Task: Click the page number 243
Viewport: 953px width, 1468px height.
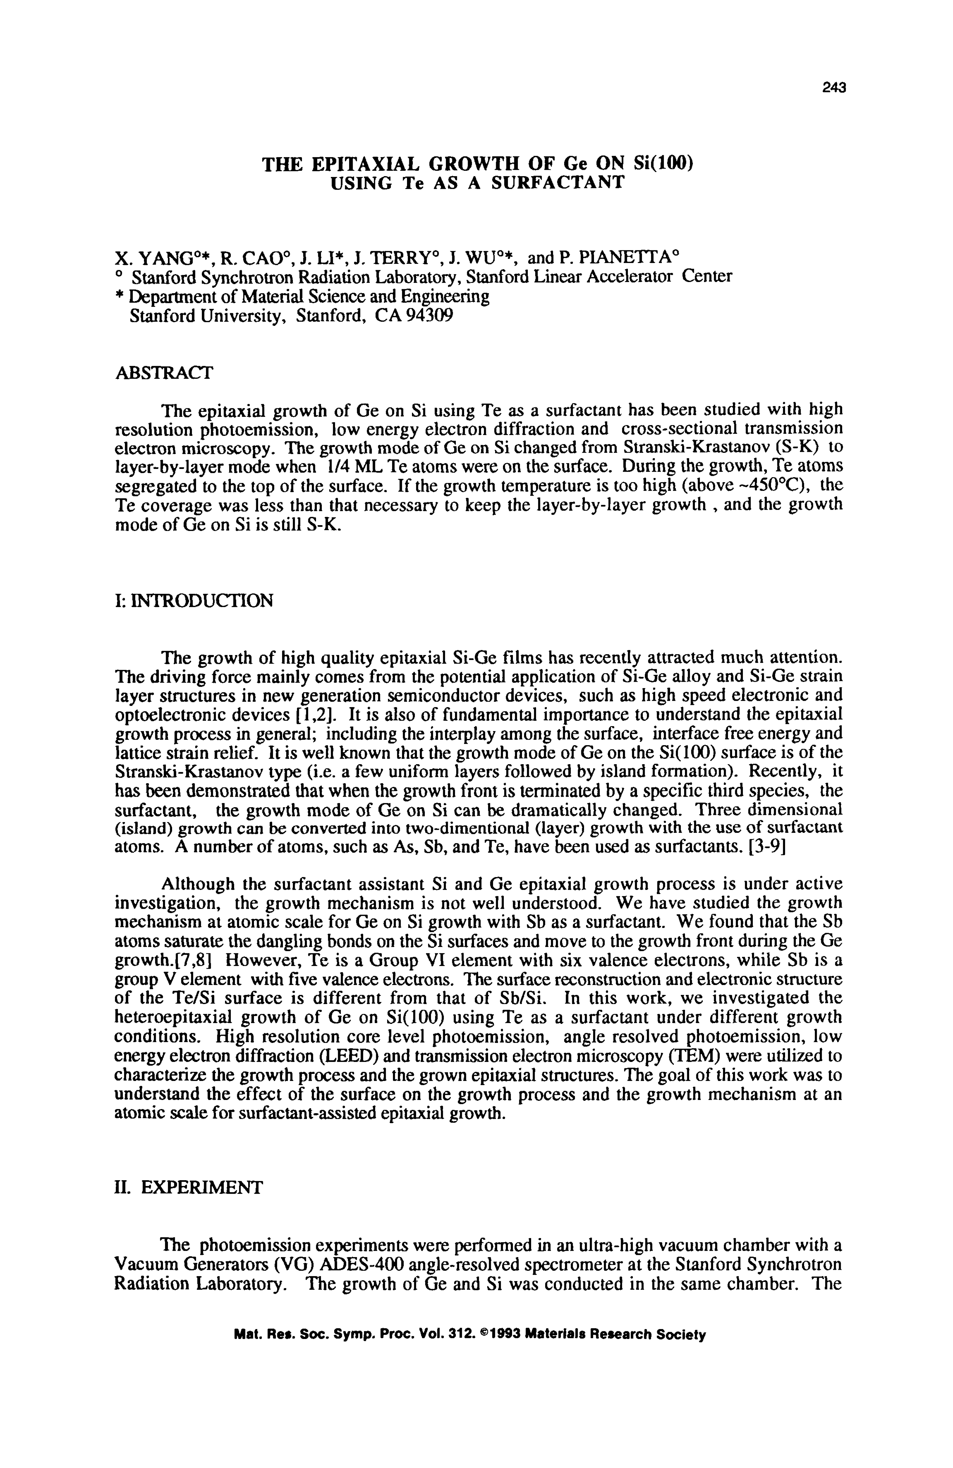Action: (x=834, y=88)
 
